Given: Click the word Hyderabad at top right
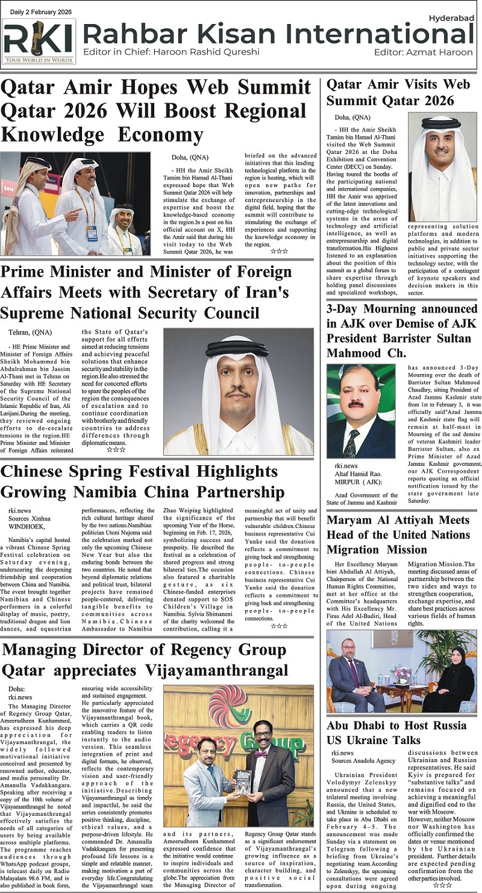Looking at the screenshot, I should click(451, 18).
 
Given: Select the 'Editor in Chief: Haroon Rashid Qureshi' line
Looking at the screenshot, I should click(172, 51).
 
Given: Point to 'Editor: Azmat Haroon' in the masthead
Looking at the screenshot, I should click(424, 52).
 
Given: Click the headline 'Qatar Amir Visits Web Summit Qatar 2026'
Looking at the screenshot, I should click(398, 92).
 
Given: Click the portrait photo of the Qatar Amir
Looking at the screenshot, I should click(442, 167).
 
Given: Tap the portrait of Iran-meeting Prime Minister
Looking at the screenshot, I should click(238, 391).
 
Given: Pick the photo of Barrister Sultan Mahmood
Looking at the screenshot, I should click(361, 412).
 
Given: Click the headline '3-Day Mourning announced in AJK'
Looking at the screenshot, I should click(401, 331).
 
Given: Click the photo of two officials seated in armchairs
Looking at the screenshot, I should click(401, 672).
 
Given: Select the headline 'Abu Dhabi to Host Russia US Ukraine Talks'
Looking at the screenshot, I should click(396, 733).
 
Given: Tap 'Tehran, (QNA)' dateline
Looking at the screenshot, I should click(30, 332).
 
